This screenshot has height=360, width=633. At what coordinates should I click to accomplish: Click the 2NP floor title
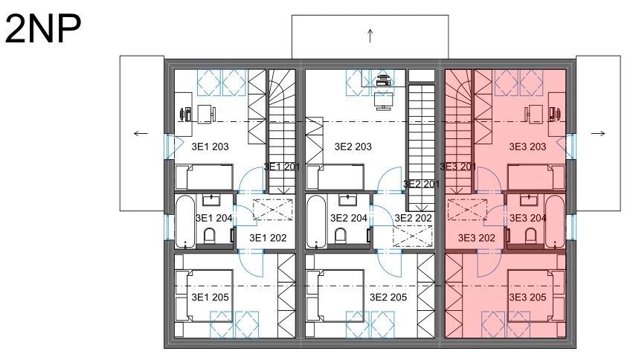click(x=43, y=28)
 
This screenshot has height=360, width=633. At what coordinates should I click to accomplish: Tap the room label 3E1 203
click(x=210, y=147)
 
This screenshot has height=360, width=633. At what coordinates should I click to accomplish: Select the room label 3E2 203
click(x=353, y=147)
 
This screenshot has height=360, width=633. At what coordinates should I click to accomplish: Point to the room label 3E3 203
click(x=527, y=147)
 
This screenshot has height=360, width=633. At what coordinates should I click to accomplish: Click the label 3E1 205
click(x=210, y=298)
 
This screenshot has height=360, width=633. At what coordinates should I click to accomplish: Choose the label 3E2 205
click(x=388, y=298)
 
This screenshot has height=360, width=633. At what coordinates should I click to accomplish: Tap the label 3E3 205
click(x=527, y=298)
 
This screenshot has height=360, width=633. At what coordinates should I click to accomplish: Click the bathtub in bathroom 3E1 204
click(x=186, y=221)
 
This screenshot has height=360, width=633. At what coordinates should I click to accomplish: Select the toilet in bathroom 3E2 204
click(x=341, y=236)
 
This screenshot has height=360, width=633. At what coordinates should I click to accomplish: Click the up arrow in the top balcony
click(x=370, y=36)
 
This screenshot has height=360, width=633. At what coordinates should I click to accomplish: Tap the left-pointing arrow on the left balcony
click(x=141, y=134)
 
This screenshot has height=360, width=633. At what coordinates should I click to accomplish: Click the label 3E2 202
click(x=413, y=218)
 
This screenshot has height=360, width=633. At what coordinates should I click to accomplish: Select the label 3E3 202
click(x=476, y=238)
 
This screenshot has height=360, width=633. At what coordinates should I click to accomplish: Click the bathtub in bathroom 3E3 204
click(x=554, y=221)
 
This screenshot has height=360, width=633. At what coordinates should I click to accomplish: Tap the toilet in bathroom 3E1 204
click(x=210, y=236)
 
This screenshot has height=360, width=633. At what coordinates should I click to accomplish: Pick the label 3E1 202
click(x=268, y=238)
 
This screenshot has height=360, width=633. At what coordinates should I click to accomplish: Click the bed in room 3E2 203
click(x=335, y=177)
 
